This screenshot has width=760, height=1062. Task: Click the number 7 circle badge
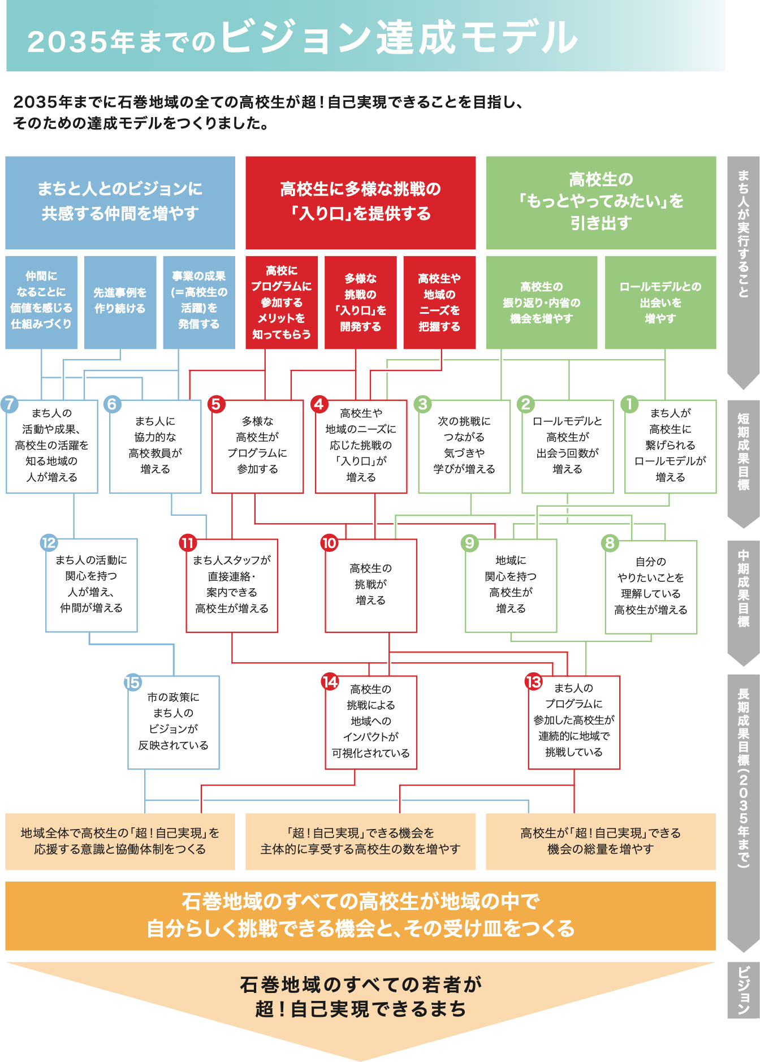click(10, 404)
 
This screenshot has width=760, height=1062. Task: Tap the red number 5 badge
click(215, 404)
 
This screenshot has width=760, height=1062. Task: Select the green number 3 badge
click(422, 404)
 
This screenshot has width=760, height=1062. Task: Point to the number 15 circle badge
click(132, 682)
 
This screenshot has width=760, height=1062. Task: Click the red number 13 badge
click(533, 681)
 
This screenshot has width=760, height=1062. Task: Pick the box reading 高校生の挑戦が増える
click(370, 585)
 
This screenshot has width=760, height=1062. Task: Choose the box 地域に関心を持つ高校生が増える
click(511, 585)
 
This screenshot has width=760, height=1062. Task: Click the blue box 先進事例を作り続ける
click(120, 302)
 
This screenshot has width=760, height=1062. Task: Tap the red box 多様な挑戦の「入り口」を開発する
click(360, 302)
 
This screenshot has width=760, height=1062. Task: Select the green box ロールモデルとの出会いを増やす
click(660, 302)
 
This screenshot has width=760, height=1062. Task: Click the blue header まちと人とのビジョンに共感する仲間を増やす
click(120, 202)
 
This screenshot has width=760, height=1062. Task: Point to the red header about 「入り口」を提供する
click(360, 202)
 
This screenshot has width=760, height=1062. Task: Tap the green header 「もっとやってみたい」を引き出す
click(601, 202)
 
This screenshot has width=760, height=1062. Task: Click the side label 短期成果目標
click(743, 452)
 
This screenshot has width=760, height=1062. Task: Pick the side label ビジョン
click(743, 990)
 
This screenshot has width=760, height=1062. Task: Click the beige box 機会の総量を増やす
click(601, 841)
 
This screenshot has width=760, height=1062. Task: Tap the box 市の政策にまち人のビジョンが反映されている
click(173, 722)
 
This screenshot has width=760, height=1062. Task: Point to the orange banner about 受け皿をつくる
click(360, 915)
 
